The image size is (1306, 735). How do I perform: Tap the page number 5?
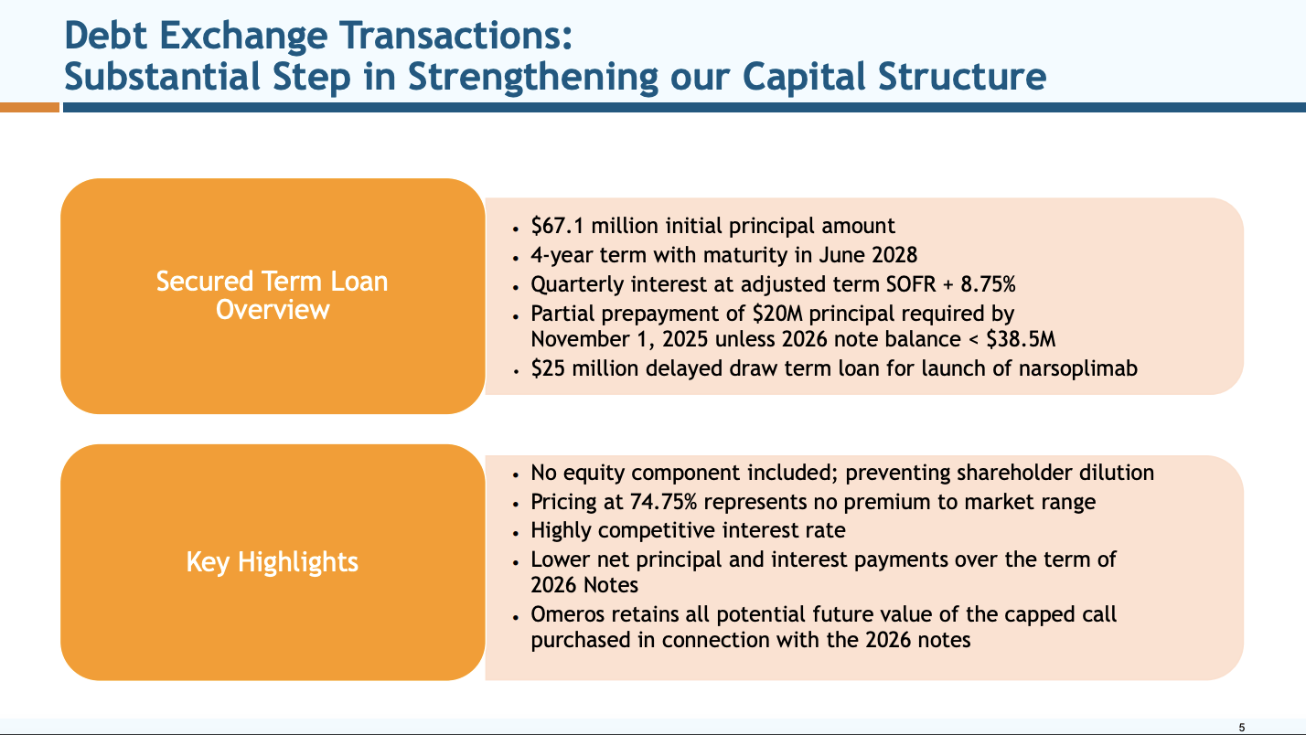click(x=1241, y=727)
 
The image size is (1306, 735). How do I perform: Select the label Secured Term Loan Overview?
click(x=273, y=294)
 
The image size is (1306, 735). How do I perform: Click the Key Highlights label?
click(x=273, y=561)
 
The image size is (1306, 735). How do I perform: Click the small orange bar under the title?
click(x=29, y=107)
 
